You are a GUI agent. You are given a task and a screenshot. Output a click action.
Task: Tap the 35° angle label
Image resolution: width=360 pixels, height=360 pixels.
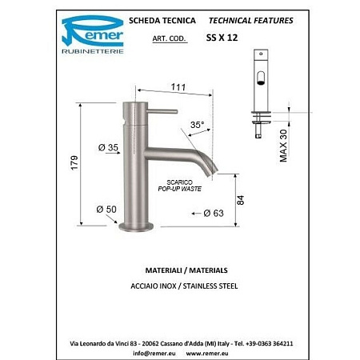(x=197, y=124)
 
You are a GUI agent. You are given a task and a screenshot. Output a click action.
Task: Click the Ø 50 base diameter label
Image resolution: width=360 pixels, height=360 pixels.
(x=106, y=210)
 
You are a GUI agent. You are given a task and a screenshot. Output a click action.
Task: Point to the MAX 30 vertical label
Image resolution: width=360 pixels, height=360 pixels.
(x=283, y=145)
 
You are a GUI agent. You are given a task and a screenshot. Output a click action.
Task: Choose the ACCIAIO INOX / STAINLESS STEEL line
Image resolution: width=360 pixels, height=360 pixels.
(x=180, y=286)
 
